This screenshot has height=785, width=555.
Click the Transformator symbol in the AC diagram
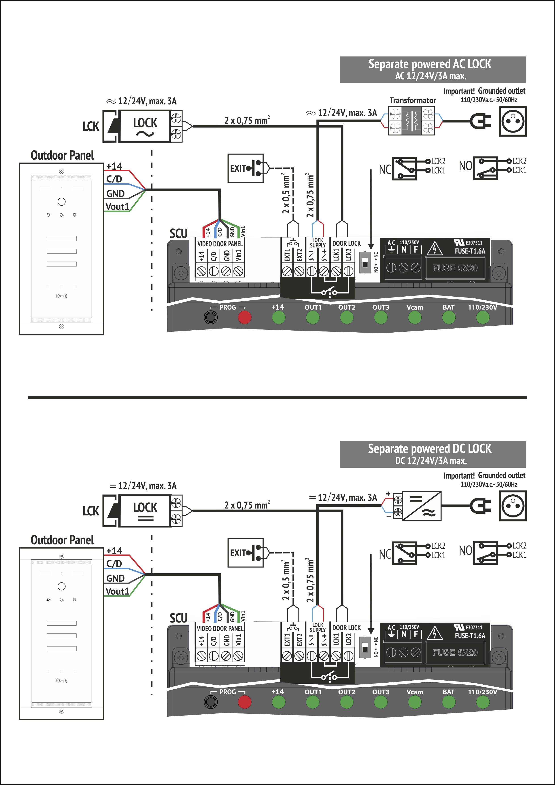pyautogui.click(x=412, y=121)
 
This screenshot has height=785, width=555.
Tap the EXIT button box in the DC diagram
pyautogui.click(x=245, y=553)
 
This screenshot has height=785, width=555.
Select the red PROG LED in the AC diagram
pyautogui.click(x=244, y=317)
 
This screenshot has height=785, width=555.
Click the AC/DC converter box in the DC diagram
pyautogui.click(x=422, y=506)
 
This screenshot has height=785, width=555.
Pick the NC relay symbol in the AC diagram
pyautogui.click(x=404, y=168)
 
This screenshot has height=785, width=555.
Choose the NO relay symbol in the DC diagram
pyautogui.click(x=485, y=553)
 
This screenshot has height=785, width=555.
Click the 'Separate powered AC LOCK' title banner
pyautogui.click(x=432, y=70)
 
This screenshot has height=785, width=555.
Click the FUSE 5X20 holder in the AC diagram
pyautogui.click(x=455, y=268)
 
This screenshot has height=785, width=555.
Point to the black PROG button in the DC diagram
pyautogui.click(x=210, y=702)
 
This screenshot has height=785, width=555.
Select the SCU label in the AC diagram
pyautogui.click(x=178, y=234)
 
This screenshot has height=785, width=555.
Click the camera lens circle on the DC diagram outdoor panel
pyautogui.click(x=61, y=586)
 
